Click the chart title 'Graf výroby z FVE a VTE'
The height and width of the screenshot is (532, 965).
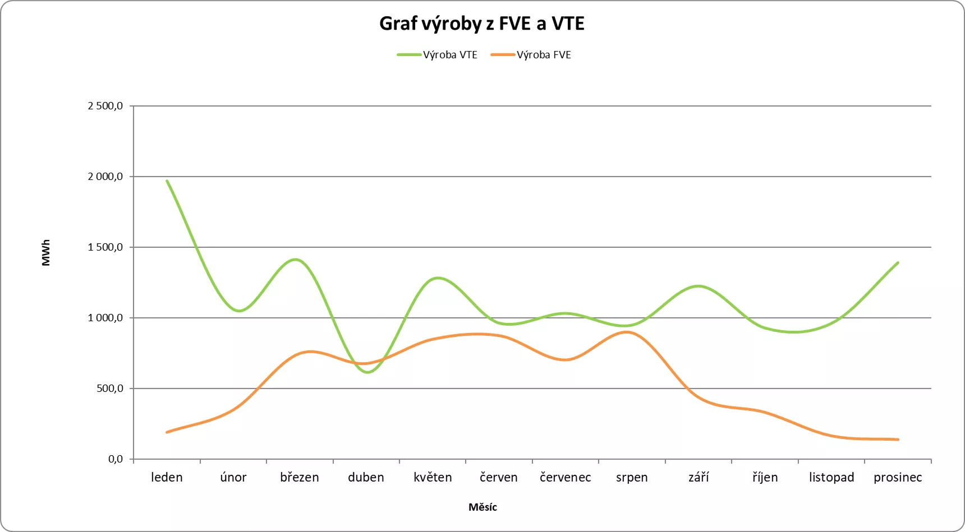[482, 24]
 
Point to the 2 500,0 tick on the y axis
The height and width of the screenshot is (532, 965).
[105, 106]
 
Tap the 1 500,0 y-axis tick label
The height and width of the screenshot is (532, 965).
[105, 247]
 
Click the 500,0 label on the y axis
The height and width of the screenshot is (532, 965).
[110, 388]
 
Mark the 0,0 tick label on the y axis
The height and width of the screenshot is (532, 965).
[115, 459]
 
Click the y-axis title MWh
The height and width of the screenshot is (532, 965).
[46, 253]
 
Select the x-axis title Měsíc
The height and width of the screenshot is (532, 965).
[482, 507]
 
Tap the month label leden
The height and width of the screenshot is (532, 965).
[167, 478]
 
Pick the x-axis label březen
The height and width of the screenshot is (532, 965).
[300, 478]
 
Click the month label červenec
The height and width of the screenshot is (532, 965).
[565, 478]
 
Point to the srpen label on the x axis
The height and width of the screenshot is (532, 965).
[632, 478]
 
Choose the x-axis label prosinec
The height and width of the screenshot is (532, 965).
[898, 478]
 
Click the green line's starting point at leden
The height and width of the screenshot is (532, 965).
[167, 181]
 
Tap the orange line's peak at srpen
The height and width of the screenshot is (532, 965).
[627, 332]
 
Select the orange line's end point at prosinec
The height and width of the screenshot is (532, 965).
[898, 440]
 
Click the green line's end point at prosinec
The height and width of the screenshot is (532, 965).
[898, 262]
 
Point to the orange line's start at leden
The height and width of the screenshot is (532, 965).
[167, 432]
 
